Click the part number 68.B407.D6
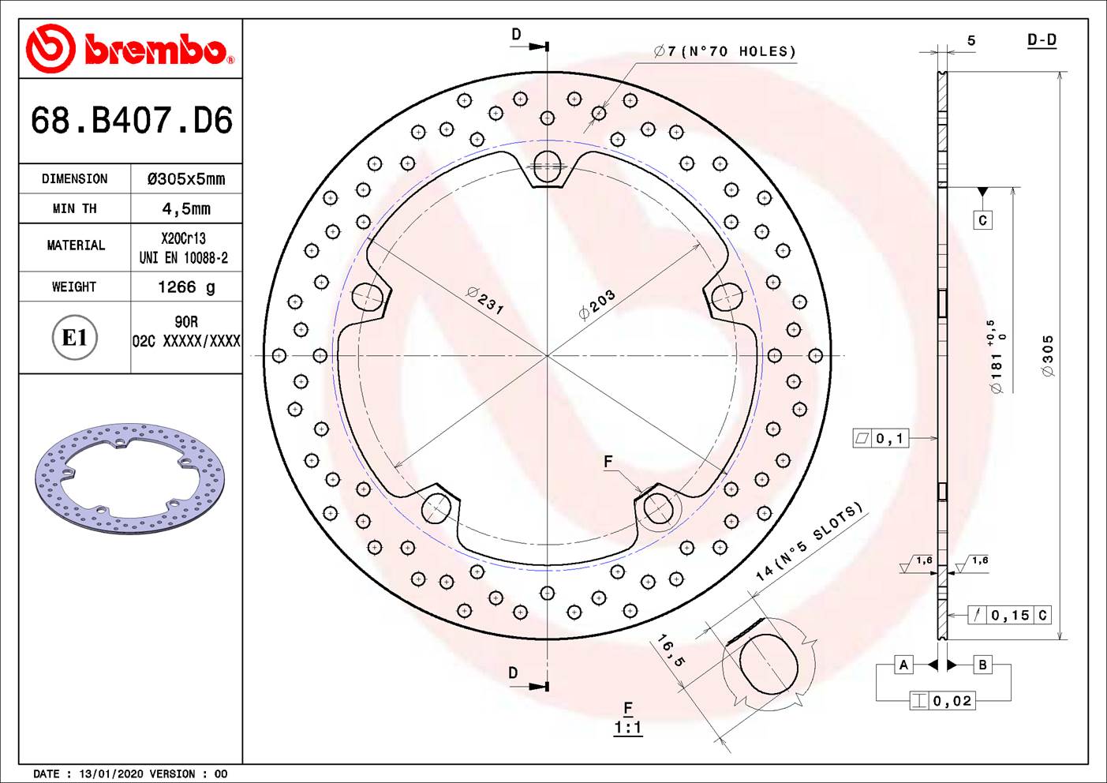pos(131,121)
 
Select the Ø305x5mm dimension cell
pos(186,179)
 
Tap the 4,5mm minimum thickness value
pos(186,209)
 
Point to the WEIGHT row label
pos(74,287)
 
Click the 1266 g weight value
pos(186,287)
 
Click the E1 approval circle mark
pos(74,338)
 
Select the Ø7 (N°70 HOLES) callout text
pos(724,52)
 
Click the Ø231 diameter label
pos(485,300)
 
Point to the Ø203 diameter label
pos(597,305)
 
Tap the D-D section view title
pos(1042,40)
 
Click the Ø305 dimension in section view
pos(1048,355)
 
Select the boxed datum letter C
pos(982,220)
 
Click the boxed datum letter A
pos(903,665)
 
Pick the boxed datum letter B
pos(982,665)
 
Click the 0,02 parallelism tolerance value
pos(952,701)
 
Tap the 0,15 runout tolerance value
pos(1010,615)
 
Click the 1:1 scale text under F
pos(628,728)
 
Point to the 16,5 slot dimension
pos(671,650)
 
